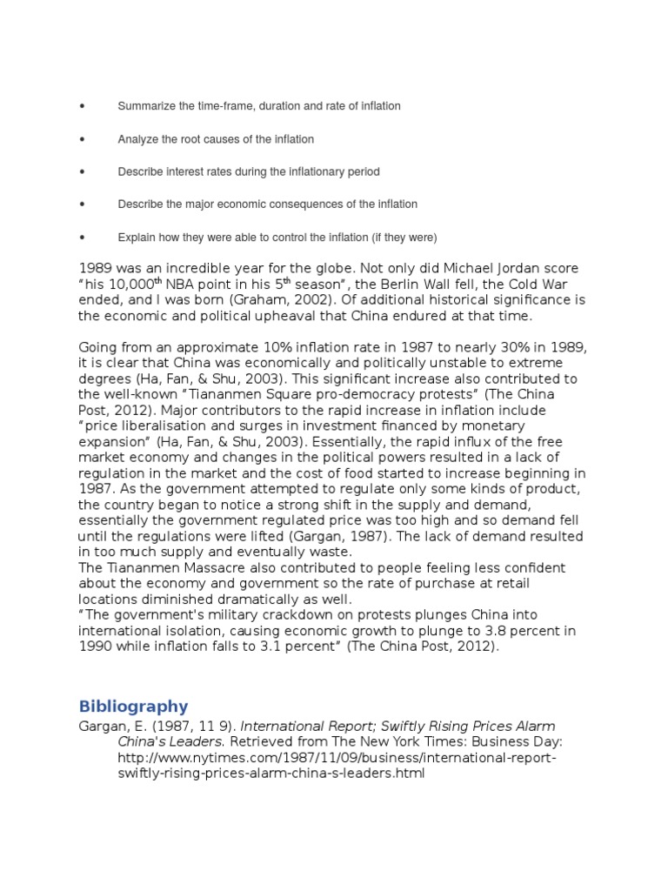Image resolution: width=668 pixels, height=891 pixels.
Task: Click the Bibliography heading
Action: pyautogui.click(x=133, y=706)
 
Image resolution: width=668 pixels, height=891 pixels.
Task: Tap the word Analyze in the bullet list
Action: pyautogui.click(x=137, y=139)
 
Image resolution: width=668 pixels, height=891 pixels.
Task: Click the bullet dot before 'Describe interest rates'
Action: pyautogui.click(x=82, y=172)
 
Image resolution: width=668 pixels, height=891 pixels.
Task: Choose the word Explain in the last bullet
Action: pyautogui.click(x=137, y=238)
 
